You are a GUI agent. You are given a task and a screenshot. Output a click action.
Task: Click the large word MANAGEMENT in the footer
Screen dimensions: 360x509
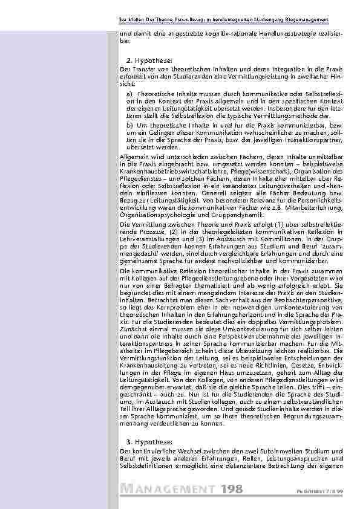[168, 488]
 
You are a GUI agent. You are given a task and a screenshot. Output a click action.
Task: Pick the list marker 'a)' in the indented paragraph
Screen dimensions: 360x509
[130, 94]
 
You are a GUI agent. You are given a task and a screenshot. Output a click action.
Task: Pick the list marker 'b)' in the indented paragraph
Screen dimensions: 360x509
[130, 124]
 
